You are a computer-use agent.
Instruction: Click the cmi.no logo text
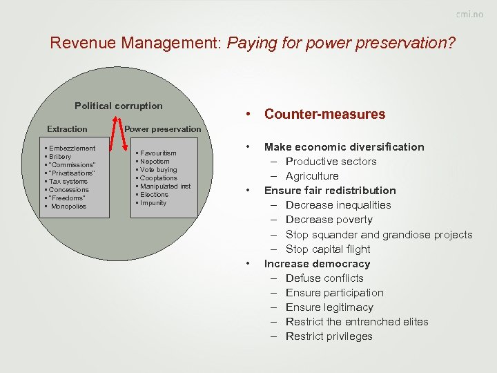pos(469,15)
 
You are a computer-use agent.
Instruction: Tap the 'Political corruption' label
pos(119,106)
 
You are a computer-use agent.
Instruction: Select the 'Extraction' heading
pos(67,129)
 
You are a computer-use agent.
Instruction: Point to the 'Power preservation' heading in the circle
pos(163,129)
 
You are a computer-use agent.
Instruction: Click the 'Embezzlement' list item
pos(71,148)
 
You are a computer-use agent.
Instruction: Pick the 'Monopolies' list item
pos(68,206)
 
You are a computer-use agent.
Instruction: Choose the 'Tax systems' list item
pos(68,181)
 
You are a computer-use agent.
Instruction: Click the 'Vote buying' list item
pos(158,169)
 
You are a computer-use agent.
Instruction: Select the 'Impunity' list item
pos(153,202)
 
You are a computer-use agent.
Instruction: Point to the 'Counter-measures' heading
pos(324,114)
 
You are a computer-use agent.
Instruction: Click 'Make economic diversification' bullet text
pos(344,146)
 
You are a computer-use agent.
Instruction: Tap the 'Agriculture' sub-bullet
pos(312,175)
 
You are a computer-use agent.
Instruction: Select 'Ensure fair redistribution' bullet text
pos(330,190)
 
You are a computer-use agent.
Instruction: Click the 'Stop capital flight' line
pos(328,249)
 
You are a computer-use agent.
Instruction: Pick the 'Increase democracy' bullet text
pos(317,263)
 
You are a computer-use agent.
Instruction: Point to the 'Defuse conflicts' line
pos(324,278)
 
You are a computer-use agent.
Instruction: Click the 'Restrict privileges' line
pos(329,336)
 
